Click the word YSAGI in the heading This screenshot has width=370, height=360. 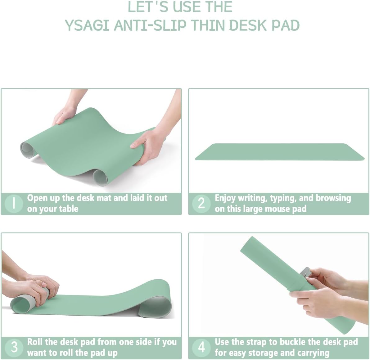(x=87, y=25)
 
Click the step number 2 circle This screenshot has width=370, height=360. (x=201, y=204)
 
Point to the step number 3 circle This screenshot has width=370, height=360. (x=14, y=347)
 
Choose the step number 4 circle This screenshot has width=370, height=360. (x=201, y=347)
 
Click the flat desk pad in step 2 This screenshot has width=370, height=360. (x=279, y=152)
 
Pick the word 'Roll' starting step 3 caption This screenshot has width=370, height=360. (x=35, y=342)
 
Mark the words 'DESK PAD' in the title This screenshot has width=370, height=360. (x=264, y=25)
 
